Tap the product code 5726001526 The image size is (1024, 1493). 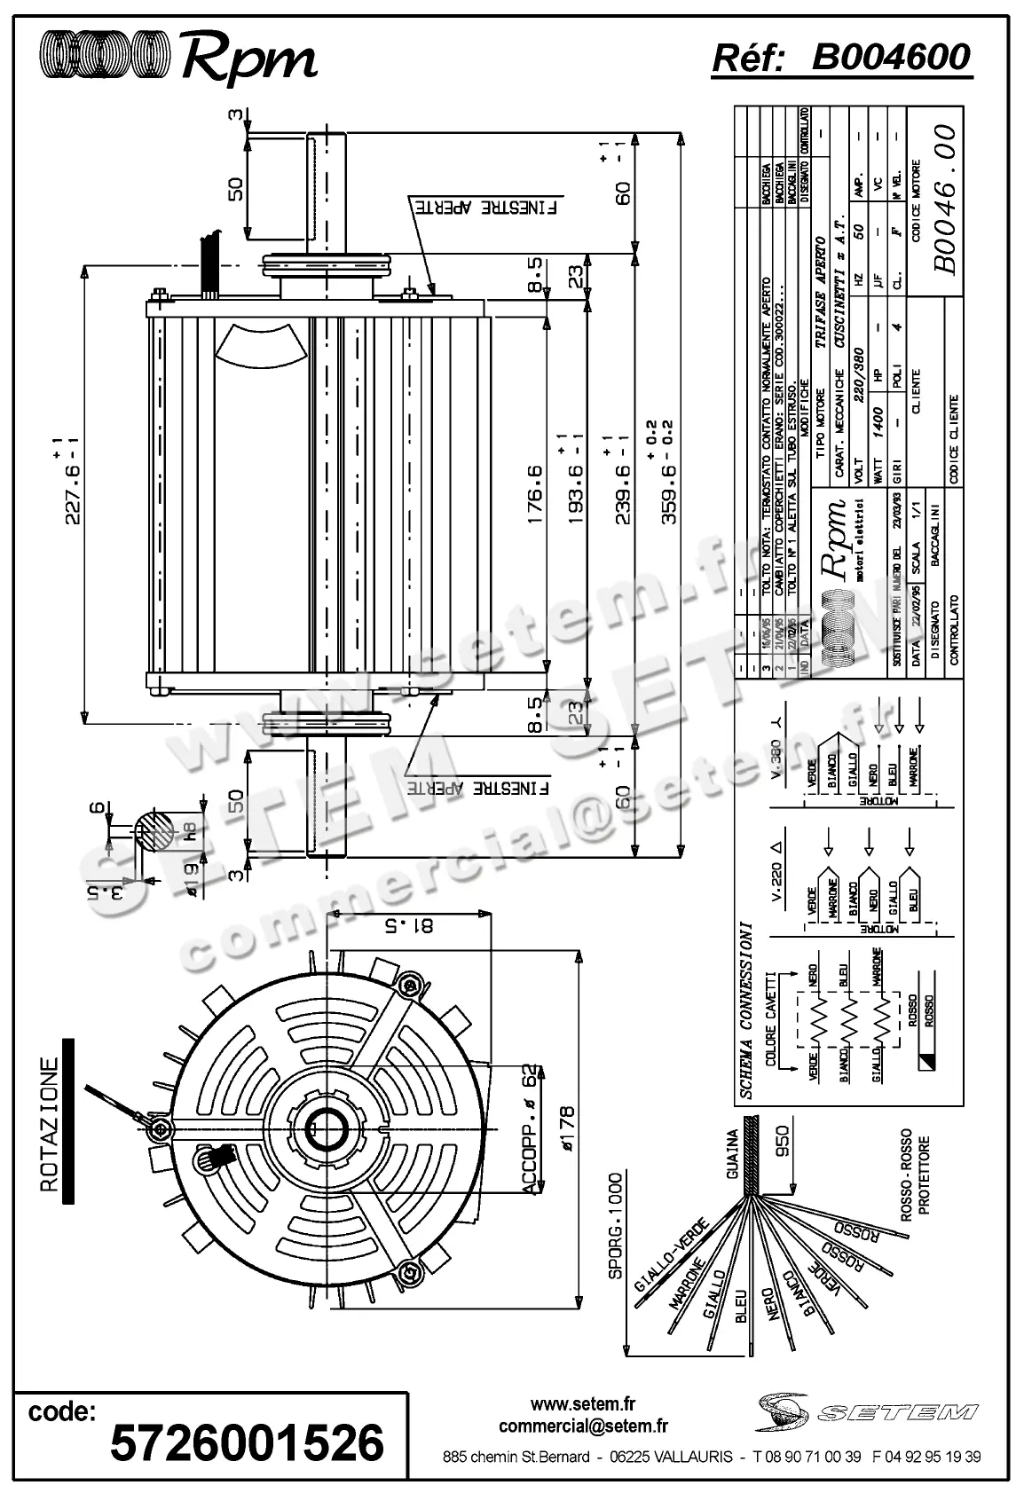coord(246,1442)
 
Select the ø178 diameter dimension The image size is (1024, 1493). coord(565,1128)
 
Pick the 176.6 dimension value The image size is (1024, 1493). coord(533,495)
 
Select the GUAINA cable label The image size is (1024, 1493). coord(733,1153)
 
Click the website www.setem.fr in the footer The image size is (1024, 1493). coord(583,1404)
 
